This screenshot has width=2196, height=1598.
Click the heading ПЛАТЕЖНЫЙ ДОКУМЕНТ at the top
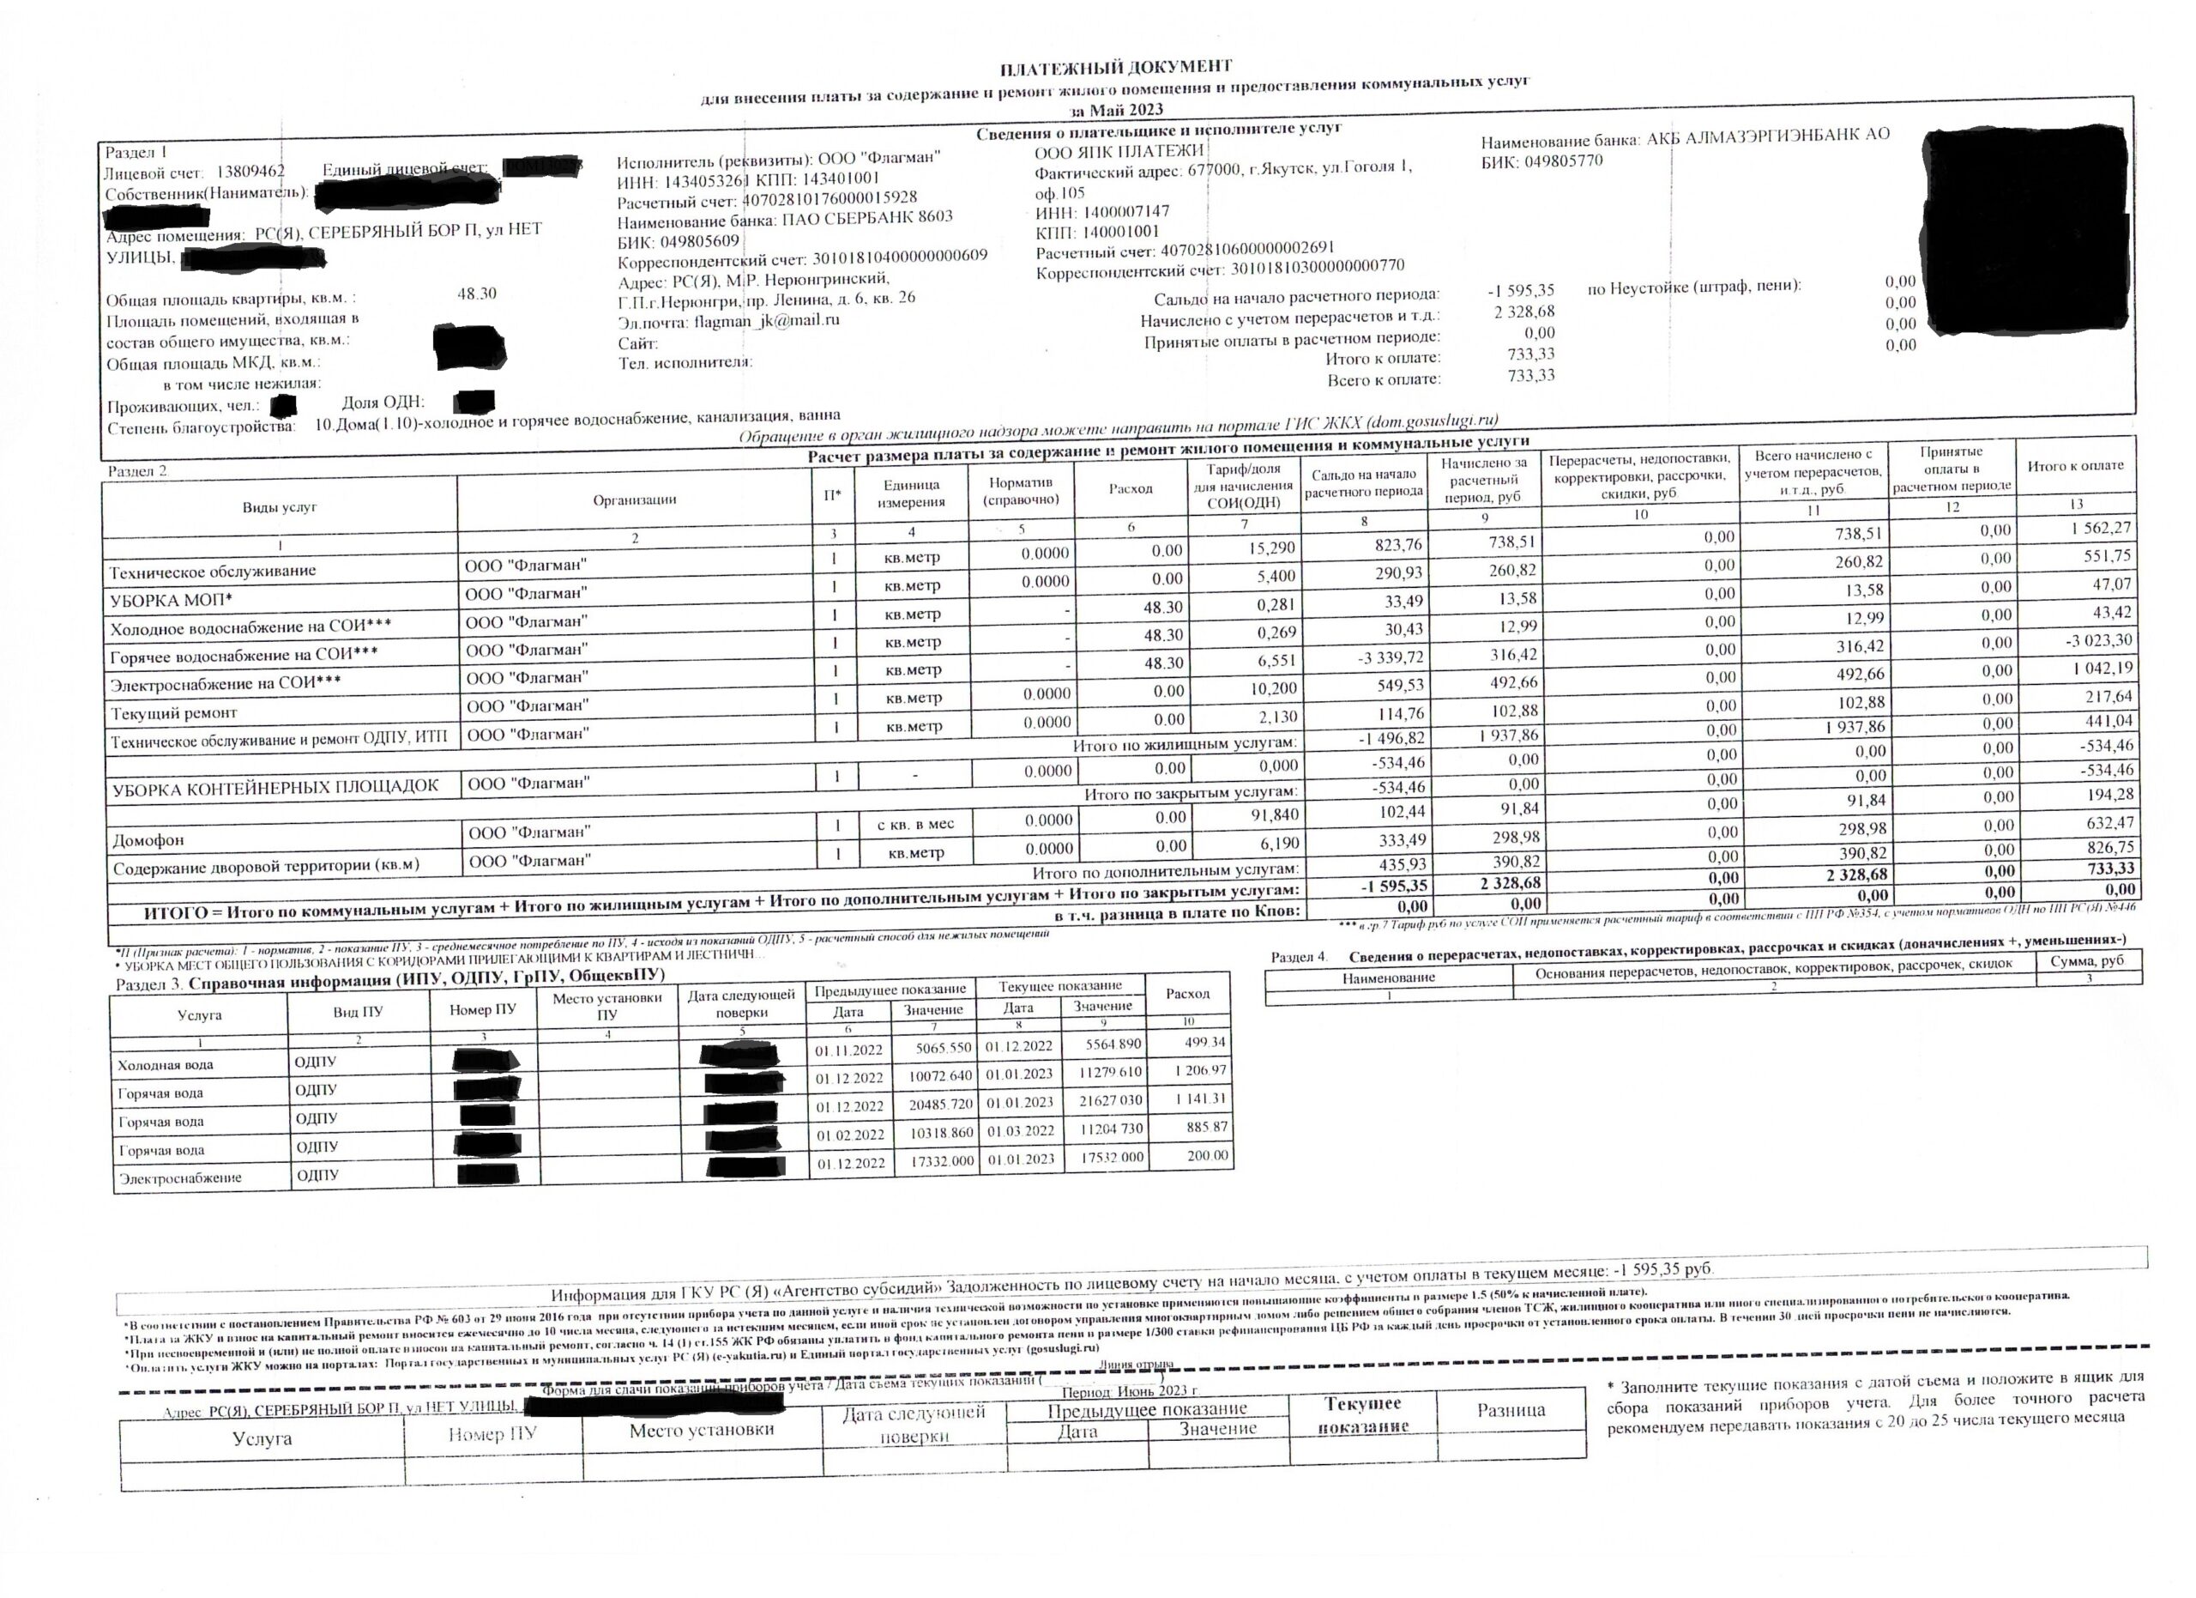click(x=1115, y=66)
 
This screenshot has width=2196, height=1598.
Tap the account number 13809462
click(x=250, y=173)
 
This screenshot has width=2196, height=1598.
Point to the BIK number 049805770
click(x=1563, y=161)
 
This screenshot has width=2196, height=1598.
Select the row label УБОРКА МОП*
click(x=172, y=601)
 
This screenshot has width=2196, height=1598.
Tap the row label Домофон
click(x=148, y=839)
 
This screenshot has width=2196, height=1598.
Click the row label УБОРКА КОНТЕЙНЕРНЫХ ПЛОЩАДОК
click(x=276, y=786)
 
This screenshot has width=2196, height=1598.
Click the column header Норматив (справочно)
click(x=1021, y=491)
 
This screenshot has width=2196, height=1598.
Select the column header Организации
click(x=634, y=499)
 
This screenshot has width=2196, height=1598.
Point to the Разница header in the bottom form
click(x=1511, y=1410)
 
